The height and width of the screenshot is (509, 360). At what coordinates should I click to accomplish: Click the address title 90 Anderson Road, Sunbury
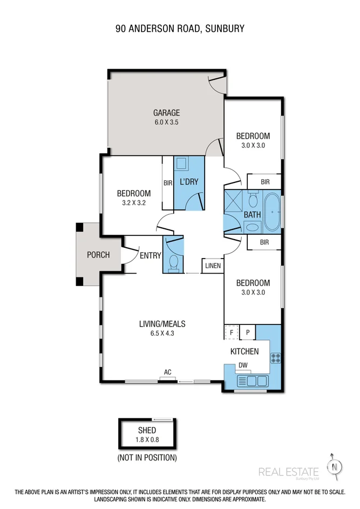180,28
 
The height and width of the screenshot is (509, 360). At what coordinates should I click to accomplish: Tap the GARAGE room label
166,113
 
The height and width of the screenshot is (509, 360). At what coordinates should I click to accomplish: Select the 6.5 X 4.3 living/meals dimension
162,333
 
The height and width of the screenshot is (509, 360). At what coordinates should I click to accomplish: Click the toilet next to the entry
174,262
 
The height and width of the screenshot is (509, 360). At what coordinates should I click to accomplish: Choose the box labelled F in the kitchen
232,332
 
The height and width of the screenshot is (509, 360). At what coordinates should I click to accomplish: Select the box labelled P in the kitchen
248,332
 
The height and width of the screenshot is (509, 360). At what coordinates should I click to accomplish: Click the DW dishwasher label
243,365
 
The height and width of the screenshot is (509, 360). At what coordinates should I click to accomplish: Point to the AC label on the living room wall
168,372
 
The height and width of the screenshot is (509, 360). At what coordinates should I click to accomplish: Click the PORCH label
98,255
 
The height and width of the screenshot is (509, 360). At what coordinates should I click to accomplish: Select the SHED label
147,430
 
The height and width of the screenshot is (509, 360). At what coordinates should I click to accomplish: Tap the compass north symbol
335,466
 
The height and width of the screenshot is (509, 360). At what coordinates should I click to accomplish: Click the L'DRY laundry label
188,182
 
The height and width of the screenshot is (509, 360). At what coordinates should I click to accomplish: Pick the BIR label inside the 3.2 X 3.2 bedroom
168,183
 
